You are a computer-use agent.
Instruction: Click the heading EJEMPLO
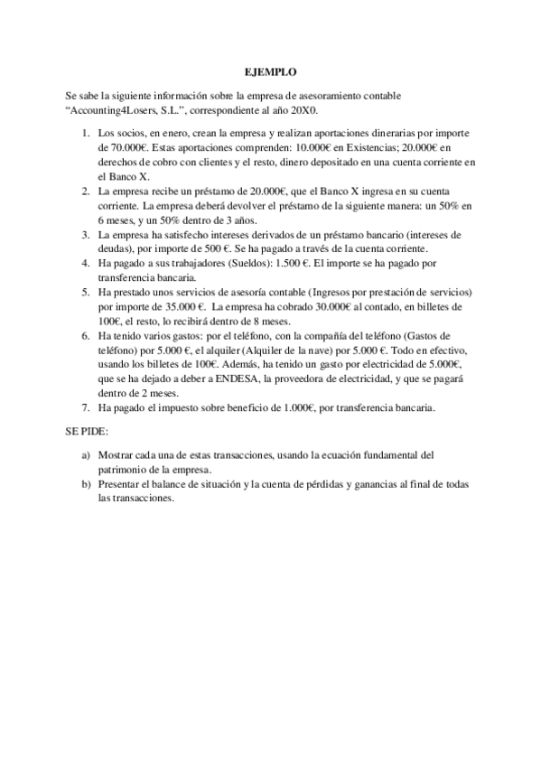click(x=270, y=71)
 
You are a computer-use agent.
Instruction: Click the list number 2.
click(x=85, y=192)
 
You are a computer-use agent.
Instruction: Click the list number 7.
click(x=85, y=407)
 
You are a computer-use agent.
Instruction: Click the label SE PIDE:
click(x=87, y=431)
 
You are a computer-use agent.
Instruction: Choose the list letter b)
click(x=85, y=484)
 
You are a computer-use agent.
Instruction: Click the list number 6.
click(x=85, y=335)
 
